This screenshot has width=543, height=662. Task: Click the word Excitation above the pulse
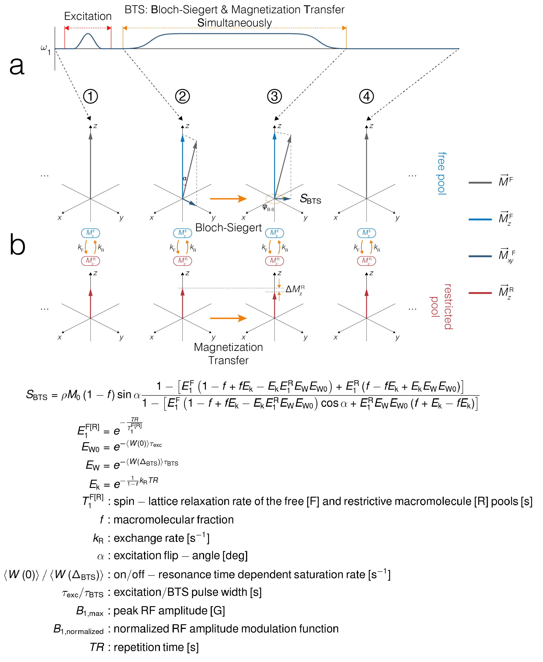88,16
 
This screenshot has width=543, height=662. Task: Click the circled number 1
90,96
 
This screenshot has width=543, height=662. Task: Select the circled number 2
182,96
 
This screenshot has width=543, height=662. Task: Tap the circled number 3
274,96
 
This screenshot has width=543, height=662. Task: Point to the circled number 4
366,96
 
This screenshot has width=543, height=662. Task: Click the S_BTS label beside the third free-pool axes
310,199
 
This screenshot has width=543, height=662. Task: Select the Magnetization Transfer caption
228,354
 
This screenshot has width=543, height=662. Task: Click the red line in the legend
480,293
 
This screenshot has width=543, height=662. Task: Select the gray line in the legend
480,182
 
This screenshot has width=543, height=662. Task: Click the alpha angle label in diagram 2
185,179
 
